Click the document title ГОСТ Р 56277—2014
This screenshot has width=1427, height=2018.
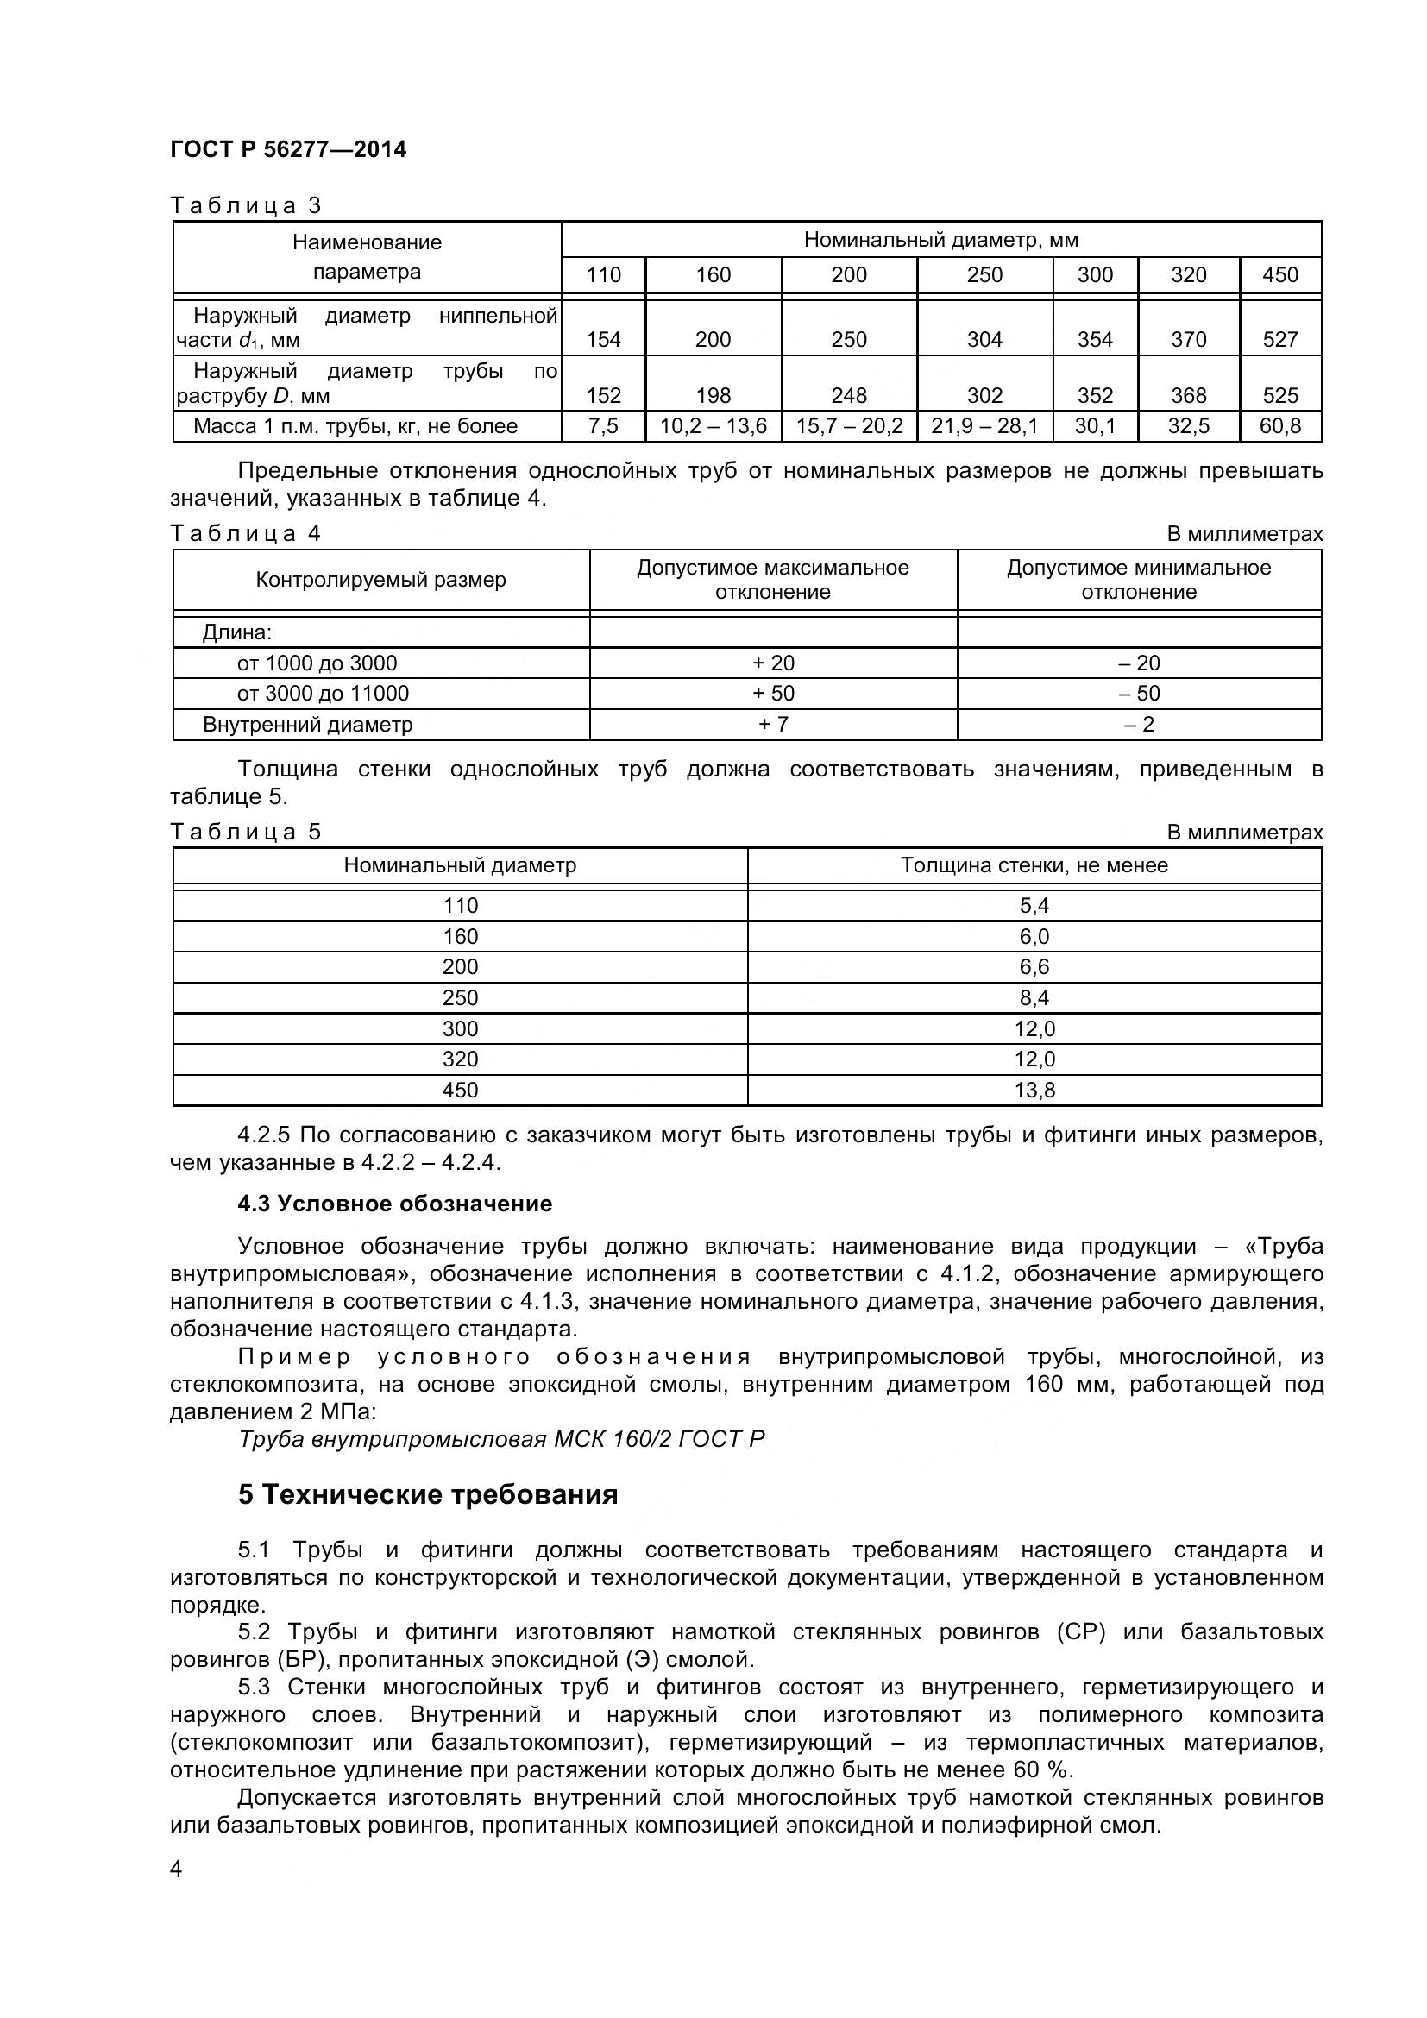pyautogui.click(x=287, y=149)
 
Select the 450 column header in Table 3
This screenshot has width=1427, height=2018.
pyautogui.click(x=1279, y=275)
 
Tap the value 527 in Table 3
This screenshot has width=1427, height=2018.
pyautogui.click(x=1279, y=340)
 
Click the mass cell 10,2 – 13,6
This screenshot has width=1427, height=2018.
pyautogui.click(x=713, y=426)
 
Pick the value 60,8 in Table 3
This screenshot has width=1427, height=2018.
pyautogui.click(x=1279, y=426)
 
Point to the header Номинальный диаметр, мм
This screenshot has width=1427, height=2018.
pyautogui.click(x=940, y=240)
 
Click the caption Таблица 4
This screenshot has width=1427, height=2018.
pyautogui.click(x=245, y=533)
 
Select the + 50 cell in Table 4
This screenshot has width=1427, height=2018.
pyautogui.click(x=772, y=694)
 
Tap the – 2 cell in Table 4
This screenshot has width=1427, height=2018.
pyautogui.click(x=1139, y=724)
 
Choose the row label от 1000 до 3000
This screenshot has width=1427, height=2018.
pyautogui.click(x=317, y=663)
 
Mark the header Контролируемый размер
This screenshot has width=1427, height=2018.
pyautogui.click(x=380, y=580)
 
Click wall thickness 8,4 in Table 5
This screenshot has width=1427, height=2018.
pyautogui.click(x=1034, y=997)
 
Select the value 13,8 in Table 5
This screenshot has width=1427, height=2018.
pyautogui.click(x=1034, y=1090)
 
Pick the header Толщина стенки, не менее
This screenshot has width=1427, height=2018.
pyautogui.click(x=1034, y=864)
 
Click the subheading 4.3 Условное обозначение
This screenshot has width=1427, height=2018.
pyautogui.click(x=394, y=1204)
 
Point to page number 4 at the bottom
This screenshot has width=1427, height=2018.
pyautogui.click(x=176, y=1869)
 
